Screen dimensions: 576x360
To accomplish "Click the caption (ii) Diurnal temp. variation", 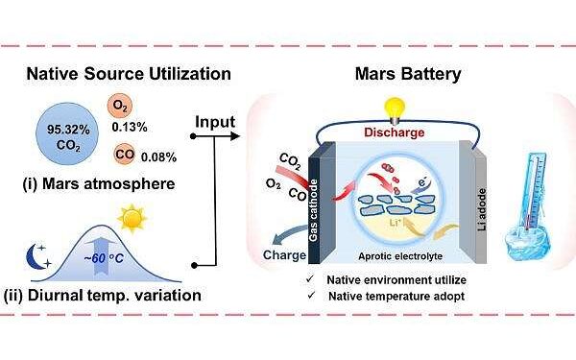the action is (112, 294).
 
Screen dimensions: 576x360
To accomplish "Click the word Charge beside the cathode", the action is (285, 255).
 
